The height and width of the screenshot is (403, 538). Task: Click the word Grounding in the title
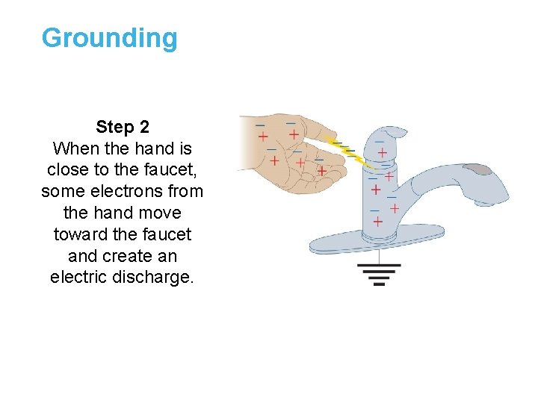coord(110,37)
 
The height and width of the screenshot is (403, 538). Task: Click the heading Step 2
coord(122,127)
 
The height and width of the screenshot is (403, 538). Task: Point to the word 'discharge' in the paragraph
coord(158,277)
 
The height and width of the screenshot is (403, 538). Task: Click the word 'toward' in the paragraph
coord(79,234)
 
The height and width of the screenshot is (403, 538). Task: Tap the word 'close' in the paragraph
coord(67,169)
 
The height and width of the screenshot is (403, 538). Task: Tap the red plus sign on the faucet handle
coord(382,152)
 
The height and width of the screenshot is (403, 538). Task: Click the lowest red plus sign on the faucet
coord(377,222)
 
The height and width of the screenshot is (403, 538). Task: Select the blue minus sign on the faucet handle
coord(380,140)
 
